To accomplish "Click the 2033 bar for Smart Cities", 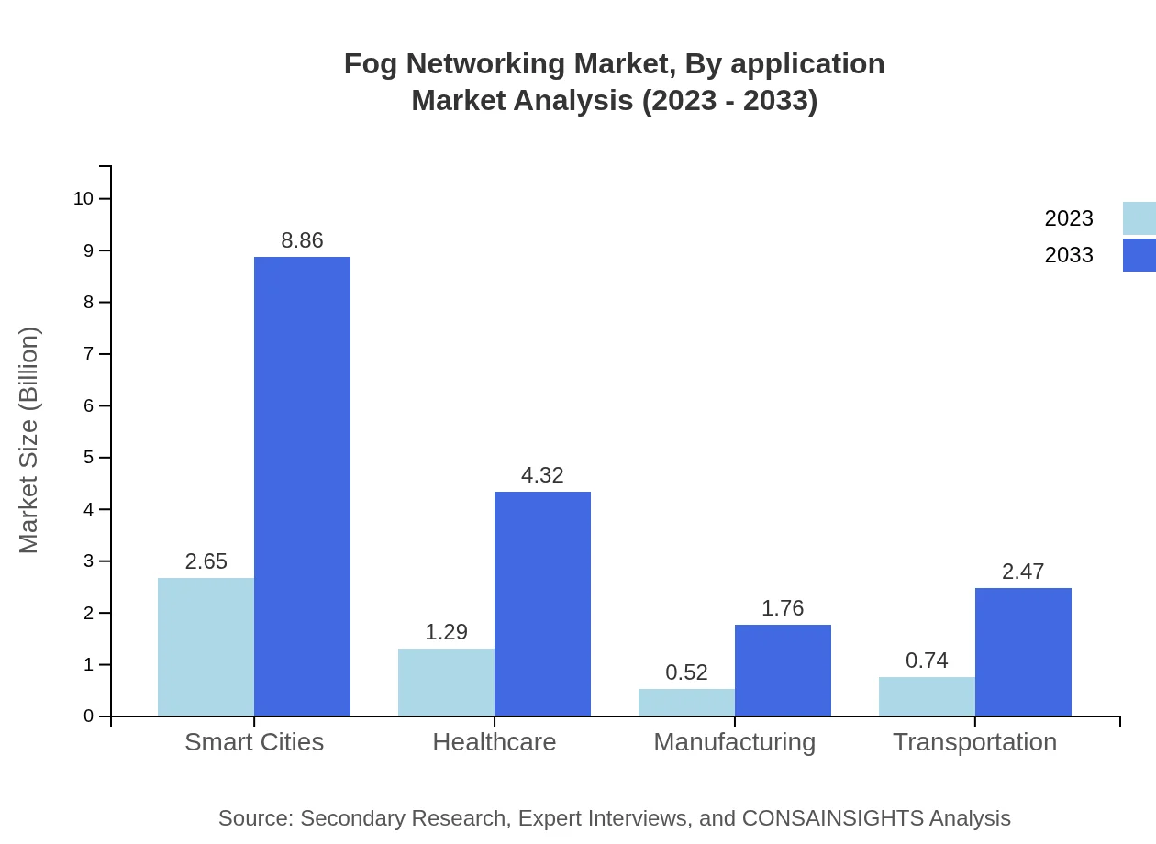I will pos(302,486).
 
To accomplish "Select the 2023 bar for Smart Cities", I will pos(206,647).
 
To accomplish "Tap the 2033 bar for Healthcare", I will pos(542,604).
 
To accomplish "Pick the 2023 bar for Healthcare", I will pos(446,682).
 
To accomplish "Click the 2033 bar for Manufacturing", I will pos(783,670).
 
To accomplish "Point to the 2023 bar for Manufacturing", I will pos(686,702).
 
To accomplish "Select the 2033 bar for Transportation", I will pos(1023,651).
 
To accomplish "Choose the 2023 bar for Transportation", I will pos(927,696).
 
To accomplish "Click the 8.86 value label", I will pos(302,240).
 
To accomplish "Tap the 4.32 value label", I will pos(542,475).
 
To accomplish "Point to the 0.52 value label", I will pos(686,672).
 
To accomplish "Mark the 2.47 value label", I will pos(1023,572).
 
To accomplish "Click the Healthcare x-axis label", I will pos(495,742).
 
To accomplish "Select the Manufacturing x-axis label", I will pos(734,742).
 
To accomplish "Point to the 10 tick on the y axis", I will pos(83,199).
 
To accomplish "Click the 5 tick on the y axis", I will pos(88,458).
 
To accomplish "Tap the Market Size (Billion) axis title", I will pos(29,440).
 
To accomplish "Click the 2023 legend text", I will pos(1069,218).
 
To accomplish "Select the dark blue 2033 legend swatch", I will pos(1139,255).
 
